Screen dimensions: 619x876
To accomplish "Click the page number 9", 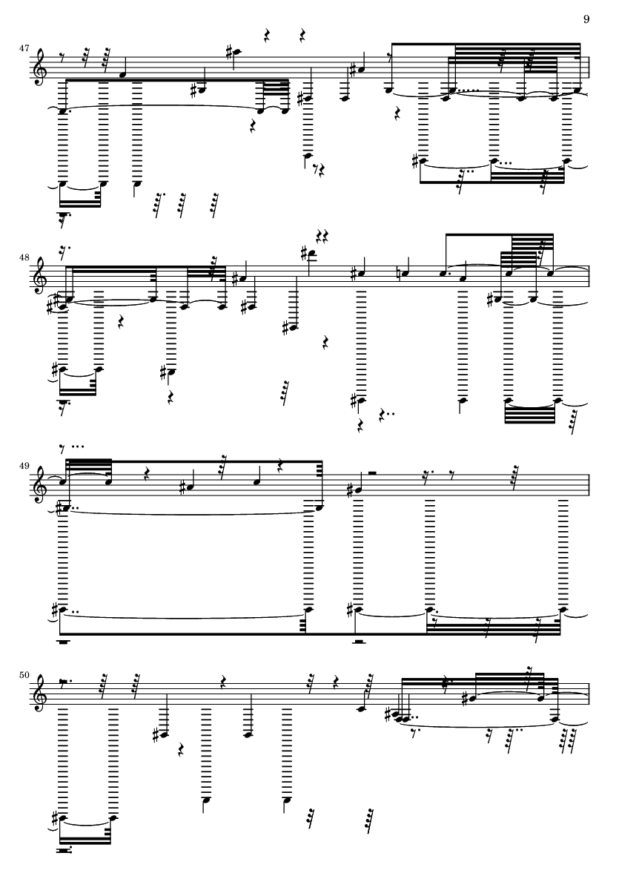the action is [586, 19].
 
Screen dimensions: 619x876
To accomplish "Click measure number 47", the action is [24, 48].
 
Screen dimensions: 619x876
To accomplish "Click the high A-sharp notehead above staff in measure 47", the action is [238, 52].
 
